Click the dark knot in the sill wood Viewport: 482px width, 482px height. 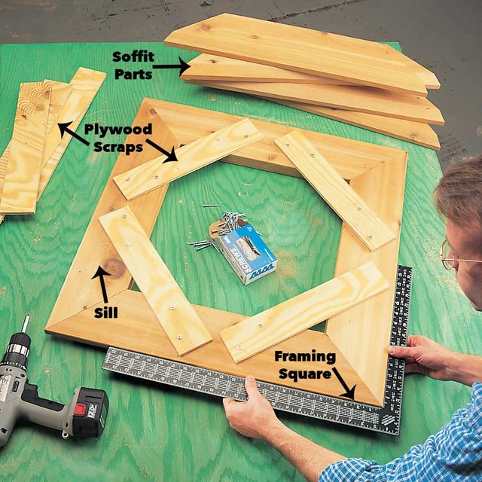point(115,267)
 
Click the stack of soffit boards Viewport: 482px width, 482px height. point(316,75)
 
